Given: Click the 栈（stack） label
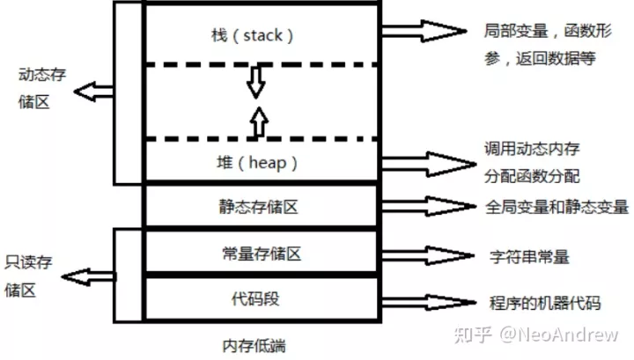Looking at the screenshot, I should [258, 36].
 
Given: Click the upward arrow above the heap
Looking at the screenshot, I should [256, 120].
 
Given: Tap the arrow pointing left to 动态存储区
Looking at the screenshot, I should [93, 90].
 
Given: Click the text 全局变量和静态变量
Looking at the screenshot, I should [557, 208].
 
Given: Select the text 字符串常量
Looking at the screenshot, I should [528, 257].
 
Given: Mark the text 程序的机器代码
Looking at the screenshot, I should [544, 303].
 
